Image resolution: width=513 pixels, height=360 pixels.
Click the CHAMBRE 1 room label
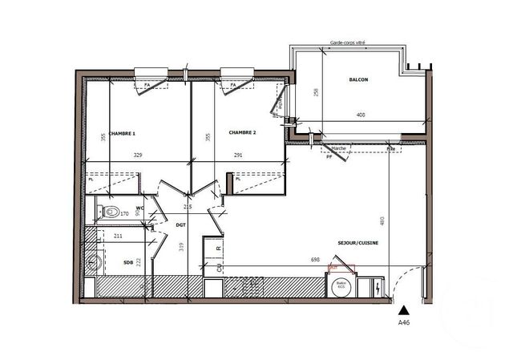click(x=123, y=133)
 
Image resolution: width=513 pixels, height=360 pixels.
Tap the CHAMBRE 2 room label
click(x=242, y=132)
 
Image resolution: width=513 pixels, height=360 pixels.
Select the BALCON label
click(x=358, y=80)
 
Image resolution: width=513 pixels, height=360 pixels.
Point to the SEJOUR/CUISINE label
click(x=358, y=243)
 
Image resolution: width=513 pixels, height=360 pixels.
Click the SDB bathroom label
click(x=128, y=262)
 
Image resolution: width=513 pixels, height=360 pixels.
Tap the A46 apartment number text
click(x=404, y=323)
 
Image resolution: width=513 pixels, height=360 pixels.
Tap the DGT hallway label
click(x=181, y=226)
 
